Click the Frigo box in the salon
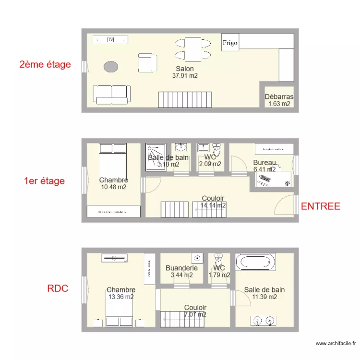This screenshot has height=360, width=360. click(229, 43)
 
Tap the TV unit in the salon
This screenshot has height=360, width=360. click(111, 40)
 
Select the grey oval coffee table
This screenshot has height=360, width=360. click(111, 67)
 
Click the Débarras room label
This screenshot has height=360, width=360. click(279, 96)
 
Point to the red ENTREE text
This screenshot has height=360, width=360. click(320, 206)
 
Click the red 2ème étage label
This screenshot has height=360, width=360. click(45, 64)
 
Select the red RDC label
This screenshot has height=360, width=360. click(58, 288)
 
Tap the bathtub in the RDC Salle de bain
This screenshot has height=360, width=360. click(255, 262)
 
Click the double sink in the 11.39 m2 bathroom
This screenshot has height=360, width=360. click(264, 320)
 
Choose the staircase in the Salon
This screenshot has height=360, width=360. click(184, 100)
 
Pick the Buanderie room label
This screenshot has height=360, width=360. click(181, 268)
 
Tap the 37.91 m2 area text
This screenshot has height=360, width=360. click(185, 76)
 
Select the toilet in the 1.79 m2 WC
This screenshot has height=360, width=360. click(219, 260)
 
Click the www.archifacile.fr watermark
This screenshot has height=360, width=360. click(336, 343)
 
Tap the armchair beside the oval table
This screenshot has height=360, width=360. click(147, 62)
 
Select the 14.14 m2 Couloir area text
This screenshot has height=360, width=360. click(213, 205)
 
